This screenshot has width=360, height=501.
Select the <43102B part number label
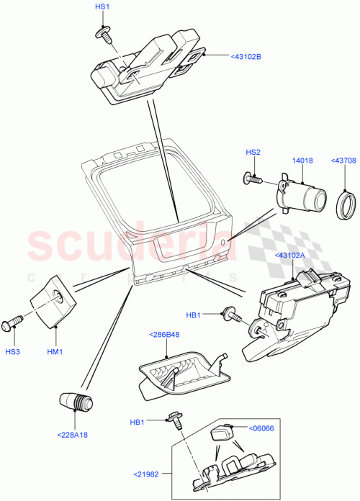(246, 55)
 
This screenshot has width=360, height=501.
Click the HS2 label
(253, 153)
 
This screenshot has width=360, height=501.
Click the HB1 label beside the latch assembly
(193, 315)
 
